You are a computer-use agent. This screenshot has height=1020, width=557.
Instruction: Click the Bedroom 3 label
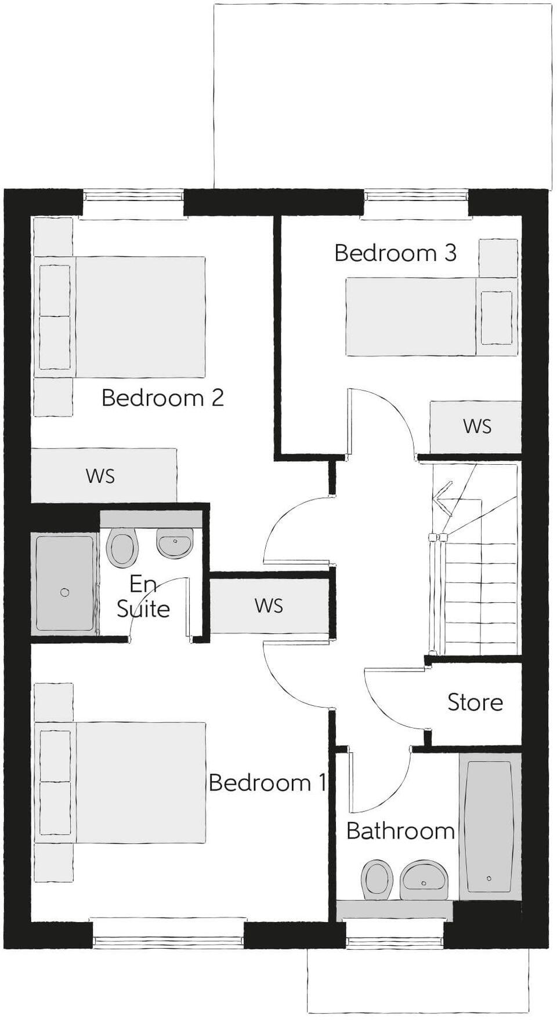coord(395,253)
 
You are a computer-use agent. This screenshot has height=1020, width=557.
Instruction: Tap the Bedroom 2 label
coord(162,398)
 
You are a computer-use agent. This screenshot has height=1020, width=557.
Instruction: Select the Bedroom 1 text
coord(267,783)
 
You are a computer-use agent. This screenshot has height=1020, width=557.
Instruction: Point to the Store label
coord(475,702)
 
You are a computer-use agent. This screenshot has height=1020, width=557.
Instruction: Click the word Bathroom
coord(400,831)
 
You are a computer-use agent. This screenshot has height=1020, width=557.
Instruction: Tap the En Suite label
coord(143,596)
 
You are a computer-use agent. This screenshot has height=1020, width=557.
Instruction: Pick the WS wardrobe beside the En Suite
coord(269,606)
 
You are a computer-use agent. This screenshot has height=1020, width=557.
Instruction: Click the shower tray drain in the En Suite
coord(65,592)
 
